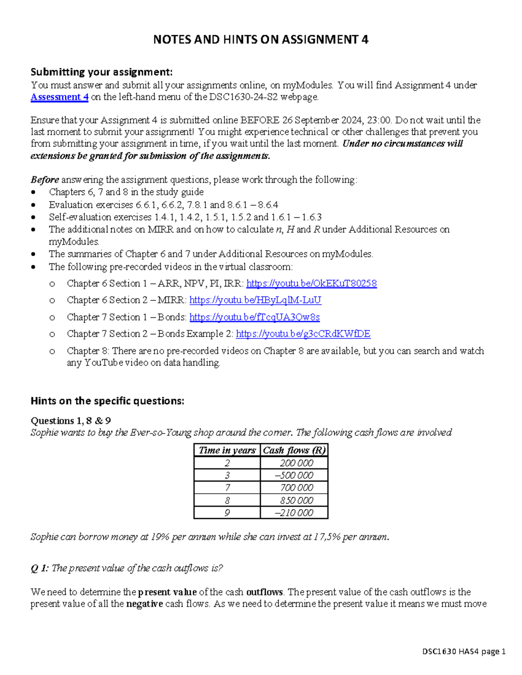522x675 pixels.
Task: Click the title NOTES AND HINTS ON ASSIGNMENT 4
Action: [x=261, y=40]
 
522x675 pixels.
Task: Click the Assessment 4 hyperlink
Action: [x=60, y=97]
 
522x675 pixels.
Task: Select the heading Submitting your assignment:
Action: [x=101, y=72]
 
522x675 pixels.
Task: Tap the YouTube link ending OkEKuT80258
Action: [x=311, y=283]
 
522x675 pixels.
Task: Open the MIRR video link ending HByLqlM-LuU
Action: [x=255, y=300]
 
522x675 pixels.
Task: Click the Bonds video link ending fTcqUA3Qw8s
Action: [x=254, y=317]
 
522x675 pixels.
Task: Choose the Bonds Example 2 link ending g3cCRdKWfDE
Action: [x=303, y=334]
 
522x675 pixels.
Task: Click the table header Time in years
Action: [x=227, y=450]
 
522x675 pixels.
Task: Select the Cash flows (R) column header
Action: [x=294, y=450]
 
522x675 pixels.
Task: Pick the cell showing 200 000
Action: [x=296, y=463]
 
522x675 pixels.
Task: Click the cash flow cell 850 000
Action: [x=296, y=500]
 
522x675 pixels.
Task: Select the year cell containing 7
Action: [x=227, y=488]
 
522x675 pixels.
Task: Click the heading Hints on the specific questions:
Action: [x=107, y=401]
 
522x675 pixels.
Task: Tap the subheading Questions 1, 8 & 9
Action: [x=70, y=421]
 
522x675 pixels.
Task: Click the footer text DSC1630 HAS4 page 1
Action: [x=464, y=652]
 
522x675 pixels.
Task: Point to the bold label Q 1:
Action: [x=40, y=568]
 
